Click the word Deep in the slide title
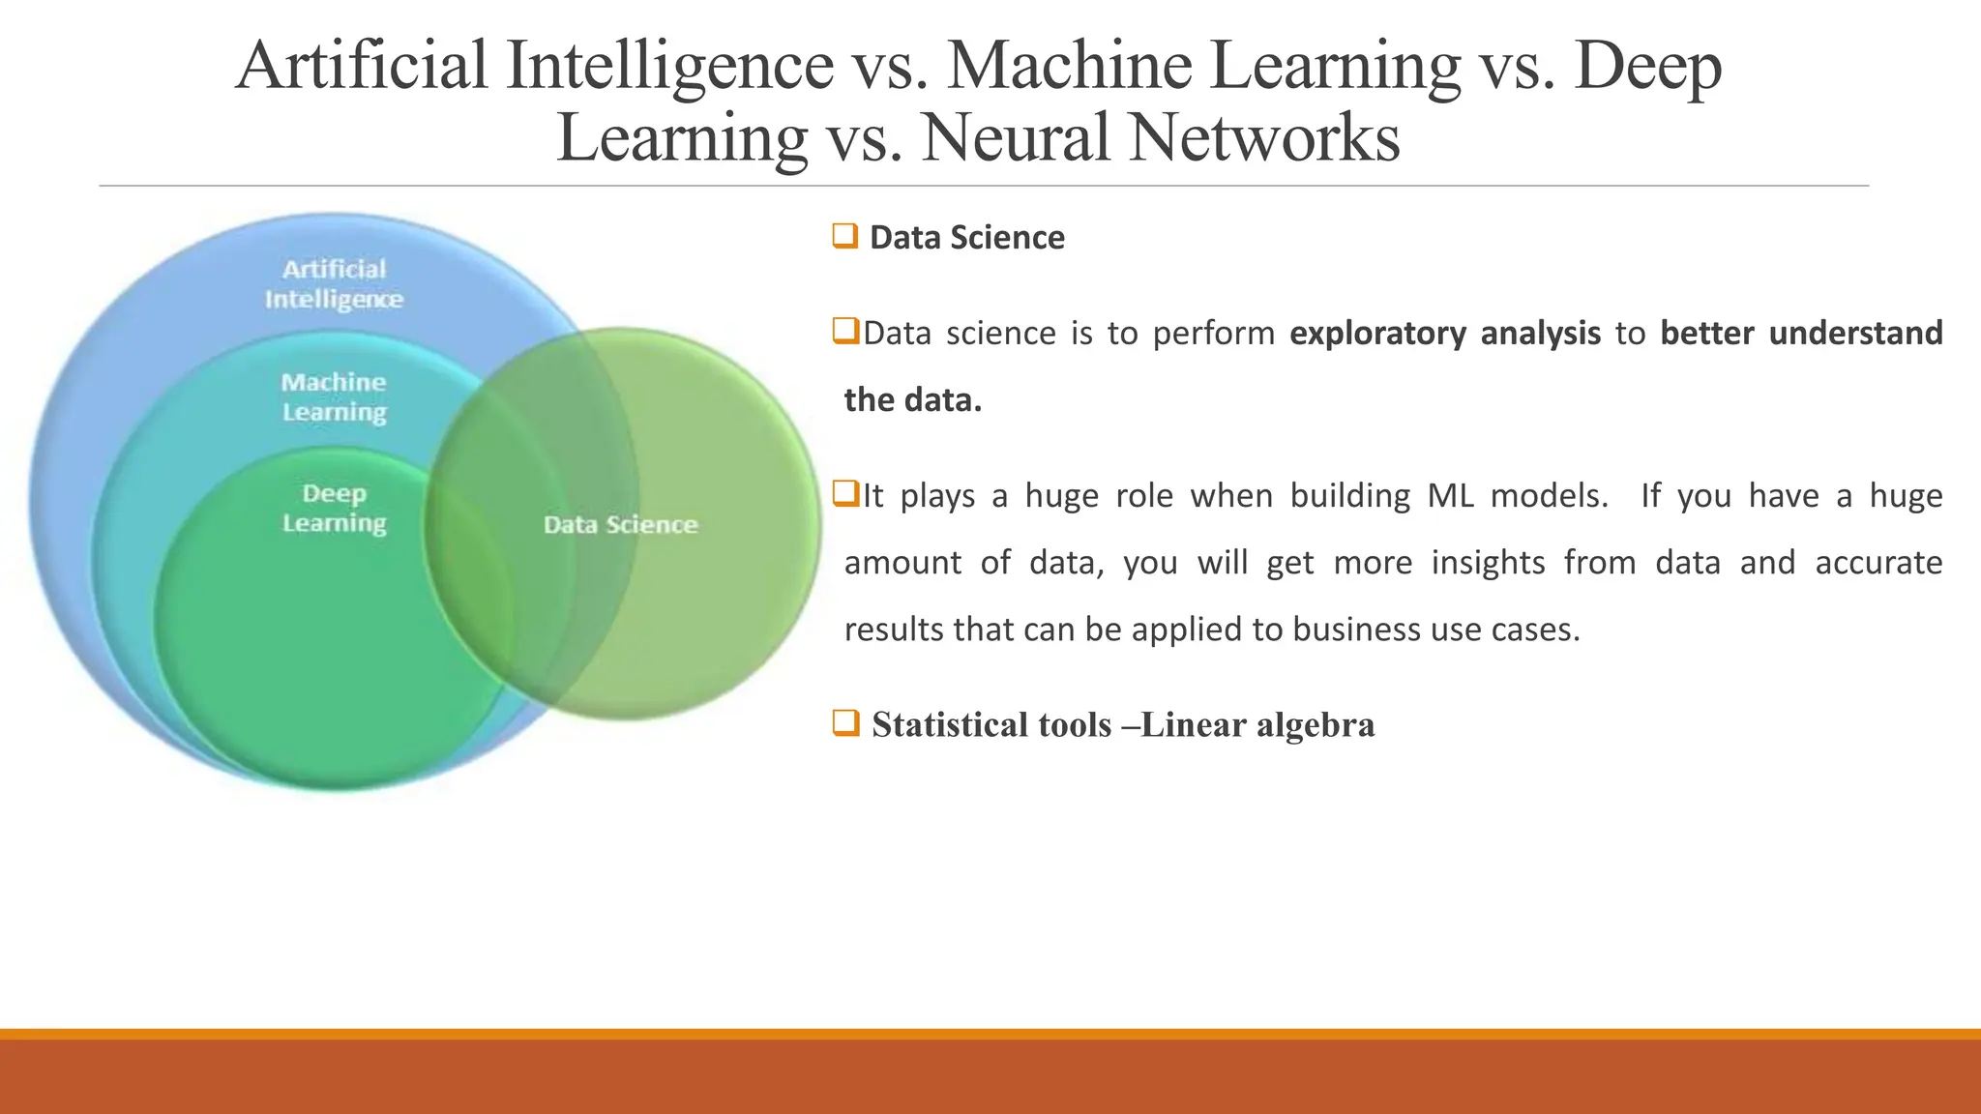1647,66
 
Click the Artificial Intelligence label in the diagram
334,283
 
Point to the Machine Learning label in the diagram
334,396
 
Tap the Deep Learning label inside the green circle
334,509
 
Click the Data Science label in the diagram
620,525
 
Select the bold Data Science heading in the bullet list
966,238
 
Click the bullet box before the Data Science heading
844,236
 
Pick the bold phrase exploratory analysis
1445,334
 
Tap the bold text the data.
912,400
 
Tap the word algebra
1315,725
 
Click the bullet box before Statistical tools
845,722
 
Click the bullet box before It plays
845,494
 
